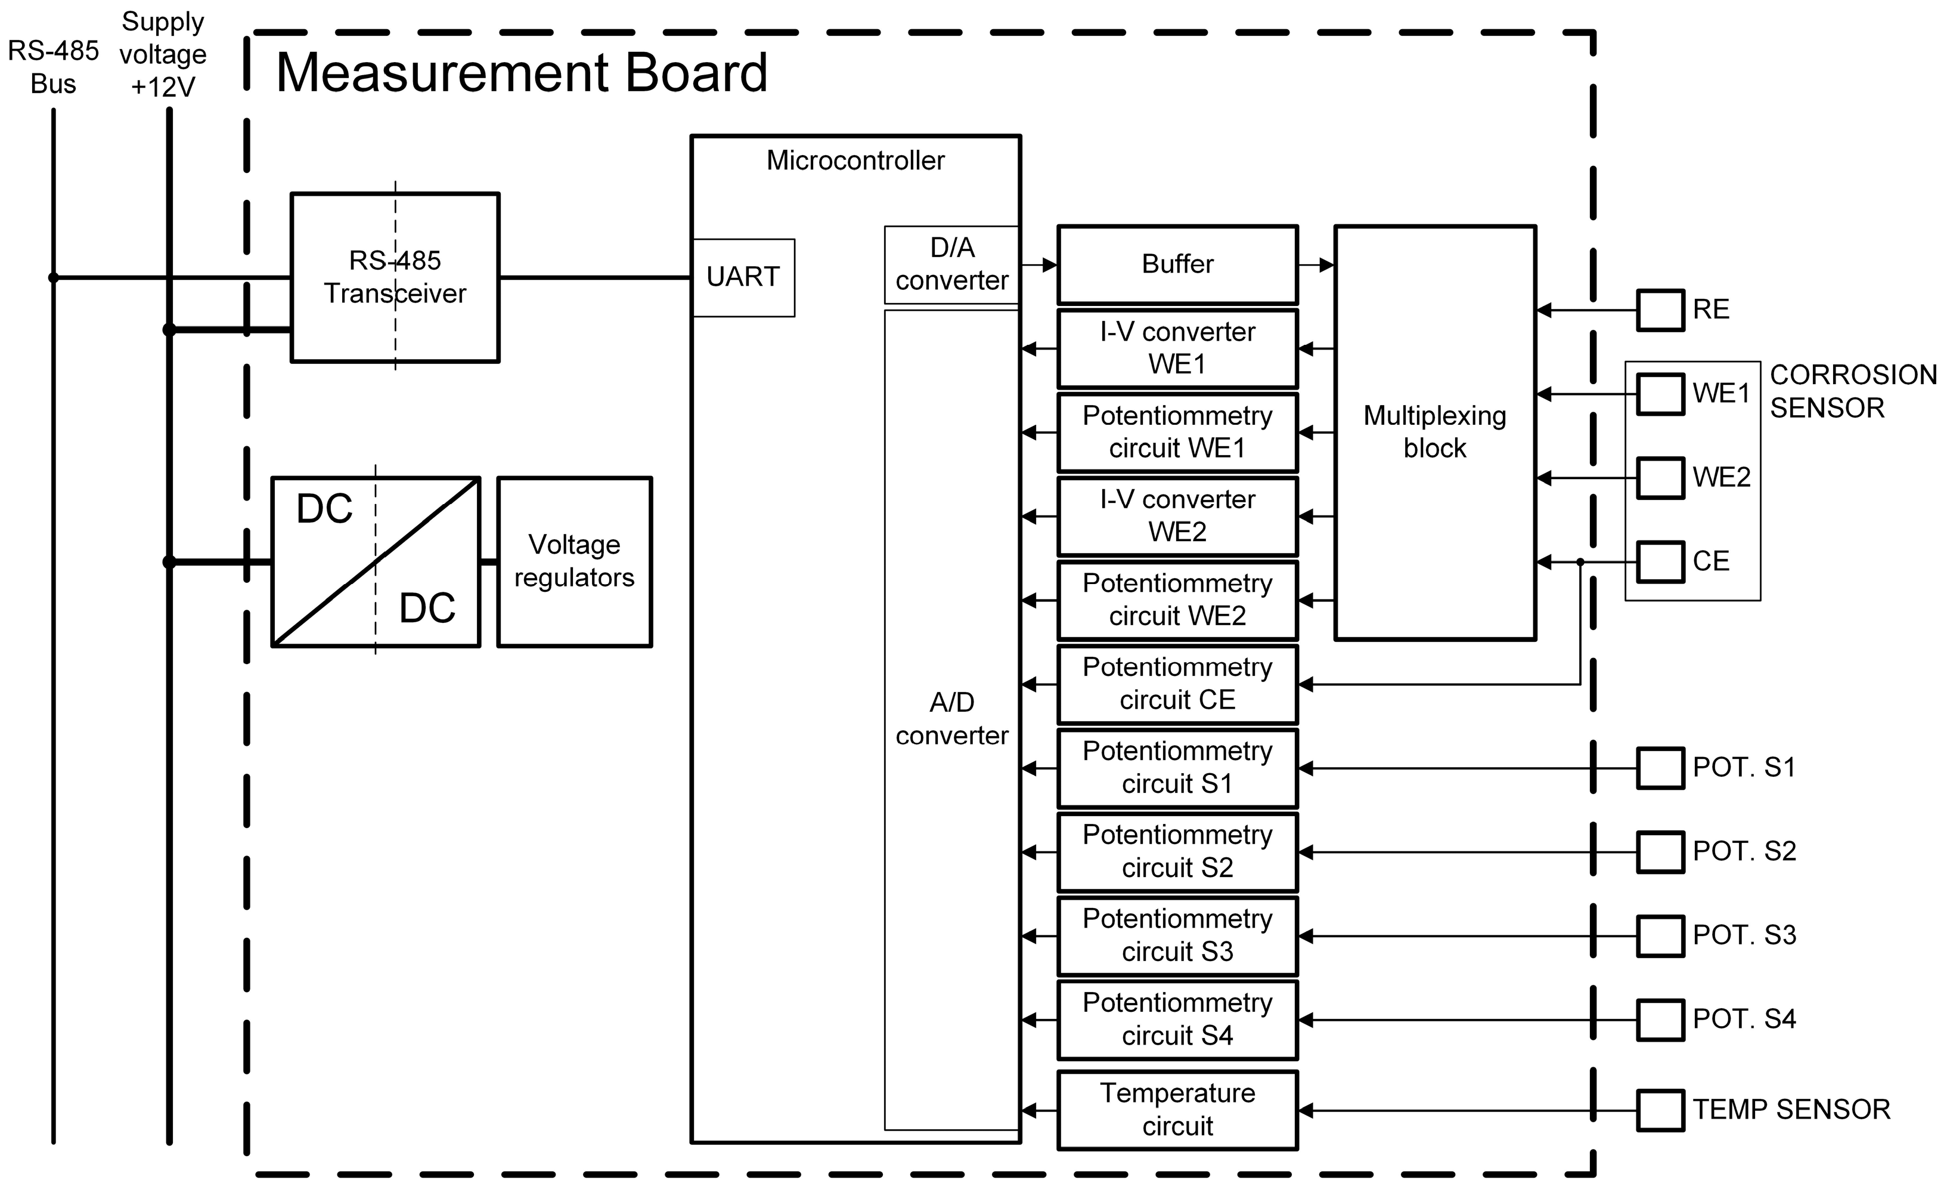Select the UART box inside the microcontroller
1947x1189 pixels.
coord(743,277)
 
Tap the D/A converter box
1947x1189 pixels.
coord(951,264)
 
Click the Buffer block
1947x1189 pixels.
coord(1177,264)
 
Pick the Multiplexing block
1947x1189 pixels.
coord(1434,433)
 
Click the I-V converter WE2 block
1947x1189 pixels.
coord(1177,515)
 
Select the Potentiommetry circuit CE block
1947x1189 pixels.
coord(1177,684)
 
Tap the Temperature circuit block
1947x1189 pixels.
coord(1177,1109)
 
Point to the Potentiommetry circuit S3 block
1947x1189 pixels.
coord(1177,935)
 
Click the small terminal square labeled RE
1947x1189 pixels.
coord(1660,310)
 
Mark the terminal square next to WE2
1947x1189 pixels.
coord(1660,477)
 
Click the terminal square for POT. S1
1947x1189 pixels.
coord(1660,768)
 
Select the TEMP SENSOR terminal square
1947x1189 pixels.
coord(1660,1110)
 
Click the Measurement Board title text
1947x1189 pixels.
coord(522,73)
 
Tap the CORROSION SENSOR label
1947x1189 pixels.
coord(1852,391)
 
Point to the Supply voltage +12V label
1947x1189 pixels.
coord(163,54)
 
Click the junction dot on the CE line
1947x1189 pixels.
coord(1580,562)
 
